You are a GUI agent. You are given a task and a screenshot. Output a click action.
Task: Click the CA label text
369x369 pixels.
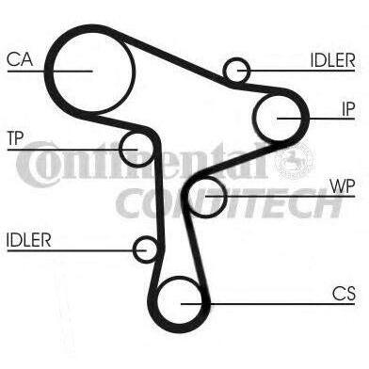tap(20, 59)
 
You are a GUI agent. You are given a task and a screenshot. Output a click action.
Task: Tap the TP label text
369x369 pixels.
tap(16, 138)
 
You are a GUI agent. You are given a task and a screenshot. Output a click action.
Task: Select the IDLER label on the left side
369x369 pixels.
tap(28, 240)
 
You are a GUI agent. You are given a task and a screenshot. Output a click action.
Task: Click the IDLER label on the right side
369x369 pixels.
tap(333, 60)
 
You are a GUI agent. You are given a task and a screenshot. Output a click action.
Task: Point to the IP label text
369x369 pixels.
tap(348, 109)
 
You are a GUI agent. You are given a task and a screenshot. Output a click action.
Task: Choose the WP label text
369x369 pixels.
tap(343, 186)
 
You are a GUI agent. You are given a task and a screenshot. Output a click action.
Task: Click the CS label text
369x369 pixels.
tap(344, 294)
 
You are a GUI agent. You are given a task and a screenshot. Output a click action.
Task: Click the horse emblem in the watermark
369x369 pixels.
tap(295, 160)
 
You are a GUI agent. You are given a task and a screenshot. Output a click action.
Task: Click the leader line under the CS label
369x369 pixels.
tap(268, 304)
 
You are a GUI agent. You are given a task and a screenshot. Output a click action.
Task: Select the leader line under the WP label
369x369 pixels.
tap(280, 197)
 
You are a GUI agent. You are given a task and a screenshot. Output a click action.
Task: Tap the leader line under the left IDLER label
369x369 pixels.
tap(76, 250)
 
